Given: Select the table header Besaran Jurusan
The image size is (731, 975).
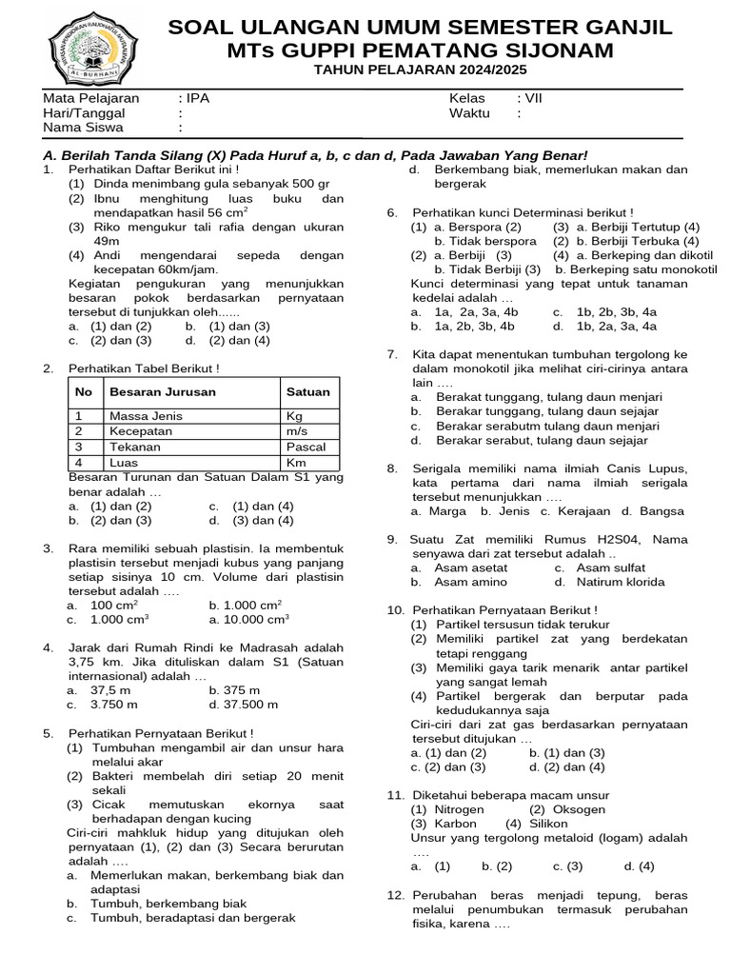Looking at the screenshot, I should coord(163,391).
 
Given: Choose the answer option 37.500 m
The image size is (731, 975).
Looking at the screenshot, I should coord(244,705).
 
